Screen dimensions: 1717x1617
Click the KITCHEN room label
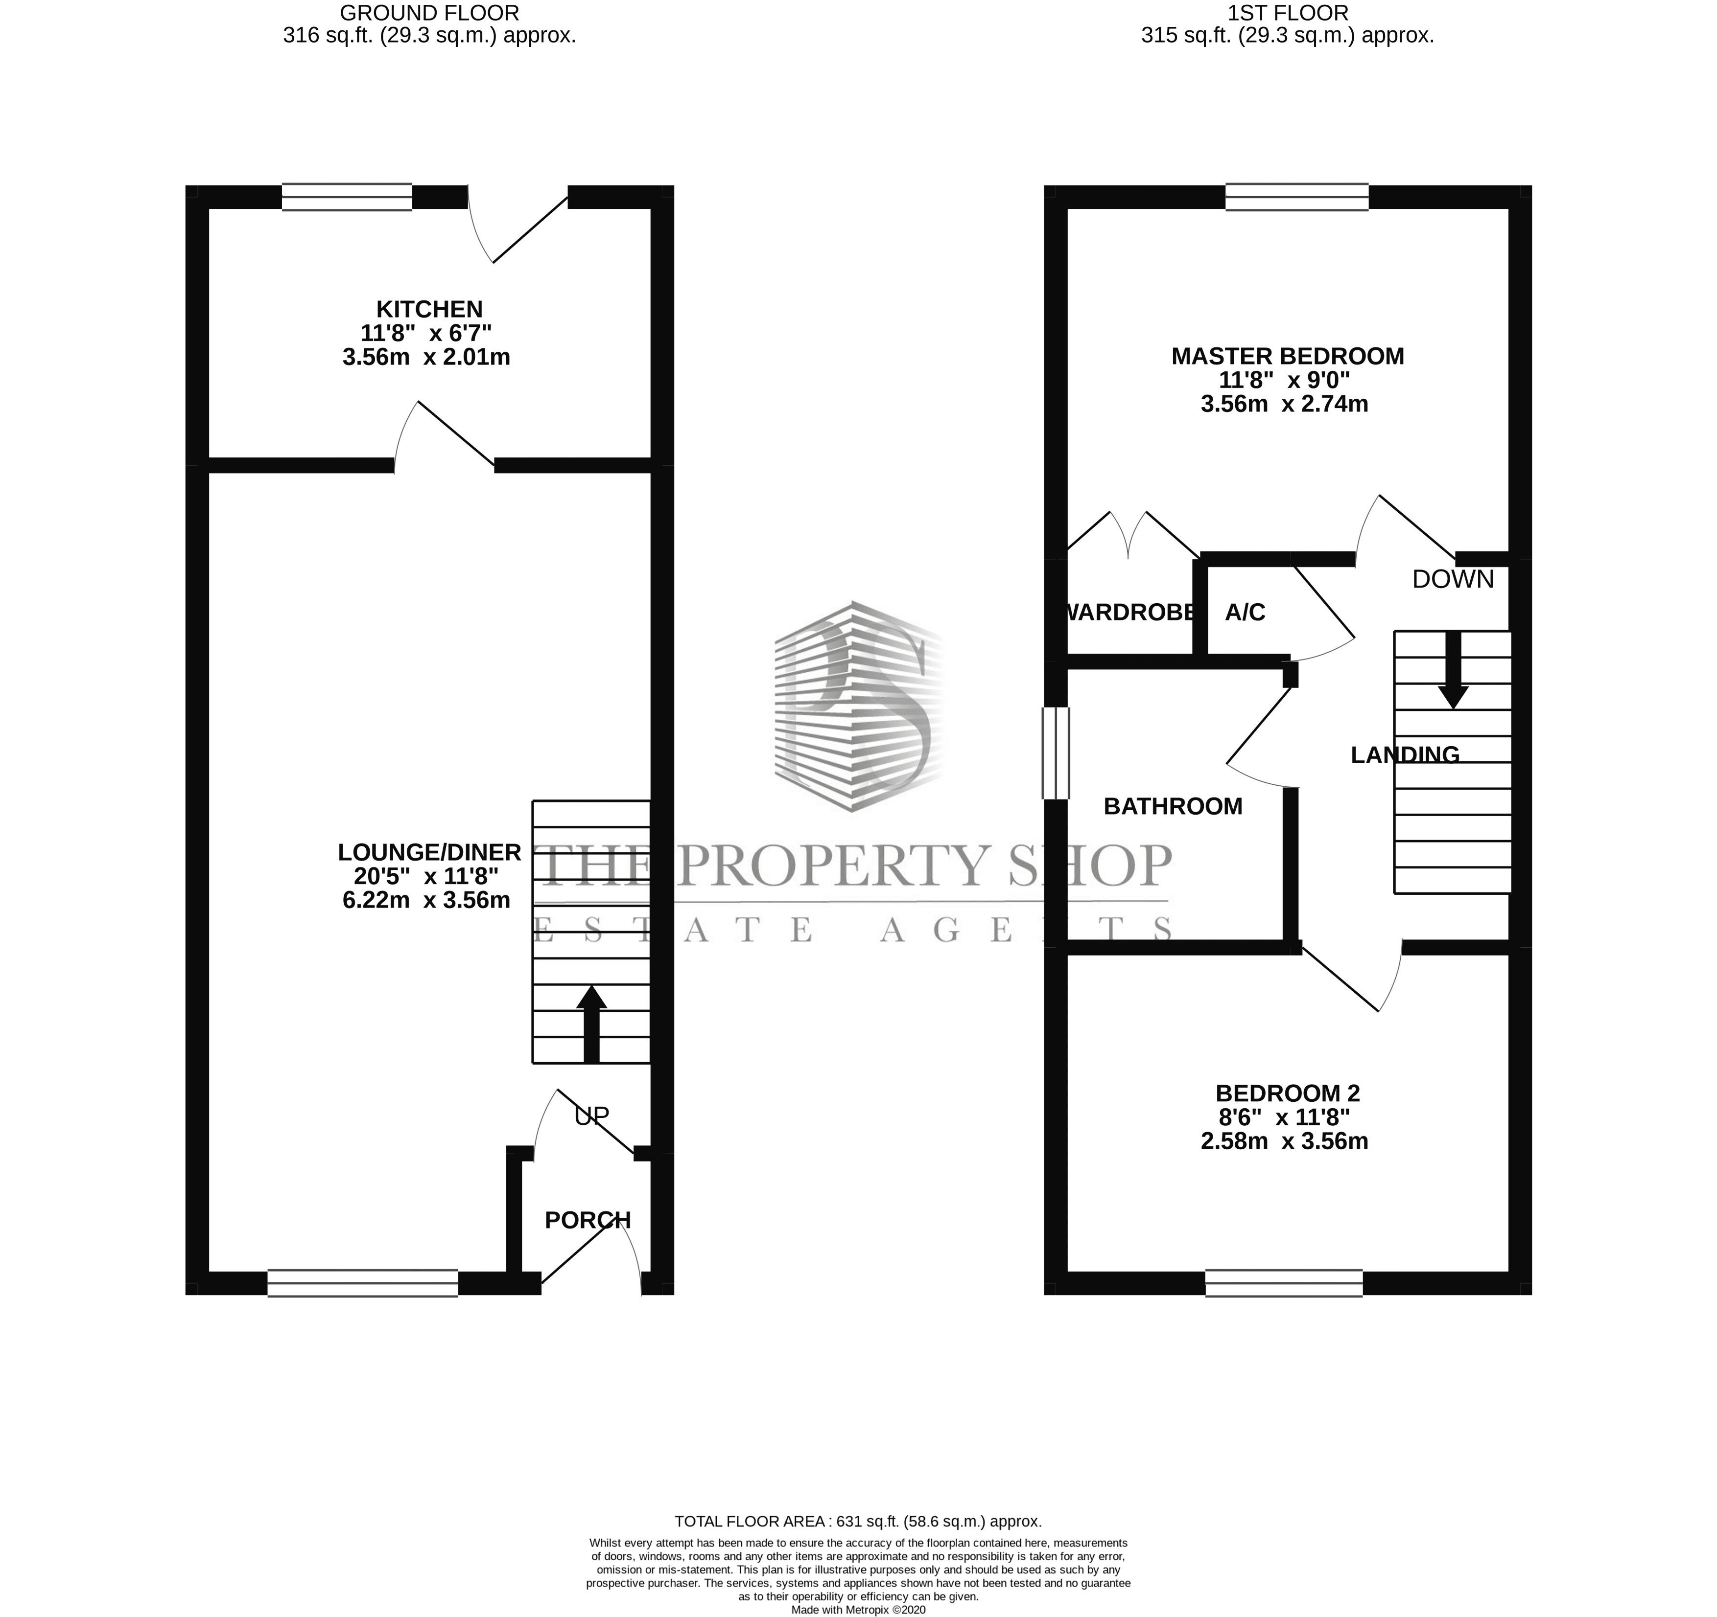click(x=429, y=309)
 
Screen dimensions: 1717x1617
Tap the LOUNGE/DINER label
click(x=429, y=852)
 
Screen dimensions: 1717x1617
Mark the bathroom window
click(x=1056, y=753)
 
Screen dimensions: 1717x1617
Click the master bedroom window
click(x=1297, y=197)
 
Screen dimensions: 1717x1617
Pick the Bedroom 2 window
click(x=1284, y=1283)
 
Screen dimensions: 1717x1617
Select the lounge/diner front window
click(x=363, y=1283)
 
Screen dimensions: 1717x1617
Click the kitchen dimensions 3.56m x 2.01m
click(x=426, y=357)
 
